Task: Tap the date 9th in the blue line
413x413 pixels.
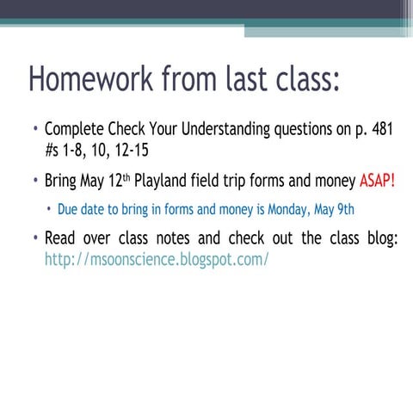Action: [342, 209]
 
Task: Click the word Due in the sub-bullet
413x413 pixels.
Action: [69, 209]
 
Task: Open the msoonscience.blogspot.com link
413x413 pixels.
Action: [157, 257]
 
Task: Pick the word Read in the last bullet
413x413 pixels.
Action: [61, 237]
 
